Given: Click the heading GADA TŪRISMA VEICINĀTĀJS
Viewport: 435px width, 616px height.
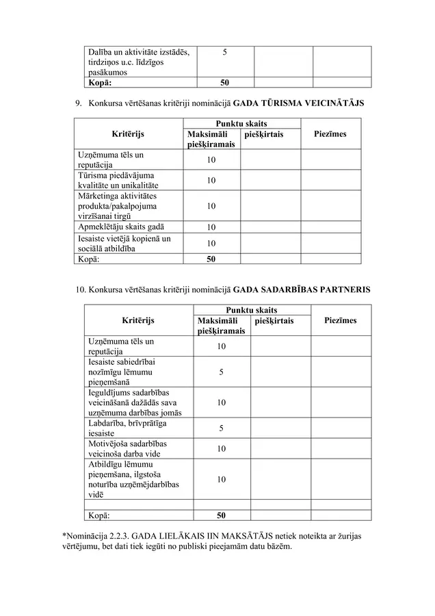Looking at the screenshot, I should tap(299, 103).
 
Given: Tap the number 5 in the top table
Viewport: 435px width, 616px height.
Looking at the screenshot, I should tap(225, 53).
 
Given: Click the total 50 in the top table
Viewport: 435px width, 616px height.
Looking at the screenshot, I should tap(225, 83).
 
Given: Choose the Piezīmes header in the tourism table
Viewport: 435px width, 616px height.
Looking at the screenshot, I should tap(330, 134).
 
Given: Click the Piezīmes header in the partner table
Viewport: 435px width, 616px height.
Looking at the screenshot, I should tap(340, 320).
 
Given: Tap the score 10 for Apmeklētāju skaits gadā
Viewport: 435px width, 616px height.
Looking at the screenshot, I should tap(211, 227).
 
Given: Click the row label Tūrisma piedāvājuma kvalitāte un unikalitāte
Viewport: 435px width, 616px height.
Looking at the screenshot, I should tap(119, 180).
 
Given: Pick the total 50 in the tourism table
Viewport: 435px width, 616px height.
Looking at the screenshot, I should tap(211, 259).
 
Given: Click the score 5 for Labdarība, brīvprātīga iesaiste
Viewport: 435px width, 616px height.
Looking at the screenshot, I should tap(221, 428).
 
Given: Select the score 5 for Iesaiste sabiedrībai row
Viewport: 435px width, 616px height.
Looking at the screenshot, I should tap(221, 372).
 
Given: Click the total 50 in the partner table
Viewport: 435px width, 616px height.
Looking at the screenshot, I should tap(221, 515).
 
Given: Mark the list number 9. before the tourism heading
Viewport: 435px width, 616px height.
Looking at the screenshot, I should tap(79, 103).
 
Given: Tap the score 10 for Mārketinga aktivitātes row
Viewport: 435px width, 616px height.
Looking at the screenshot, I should tap(211, 206).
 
